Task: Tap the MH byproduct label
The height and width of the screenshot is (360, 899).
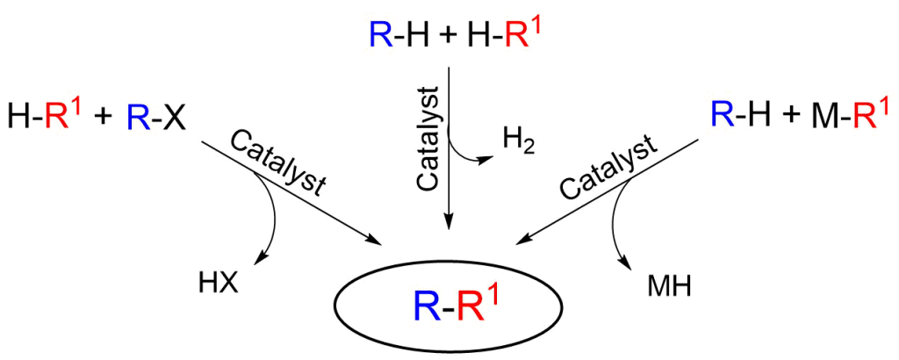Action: pos(669,285)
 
